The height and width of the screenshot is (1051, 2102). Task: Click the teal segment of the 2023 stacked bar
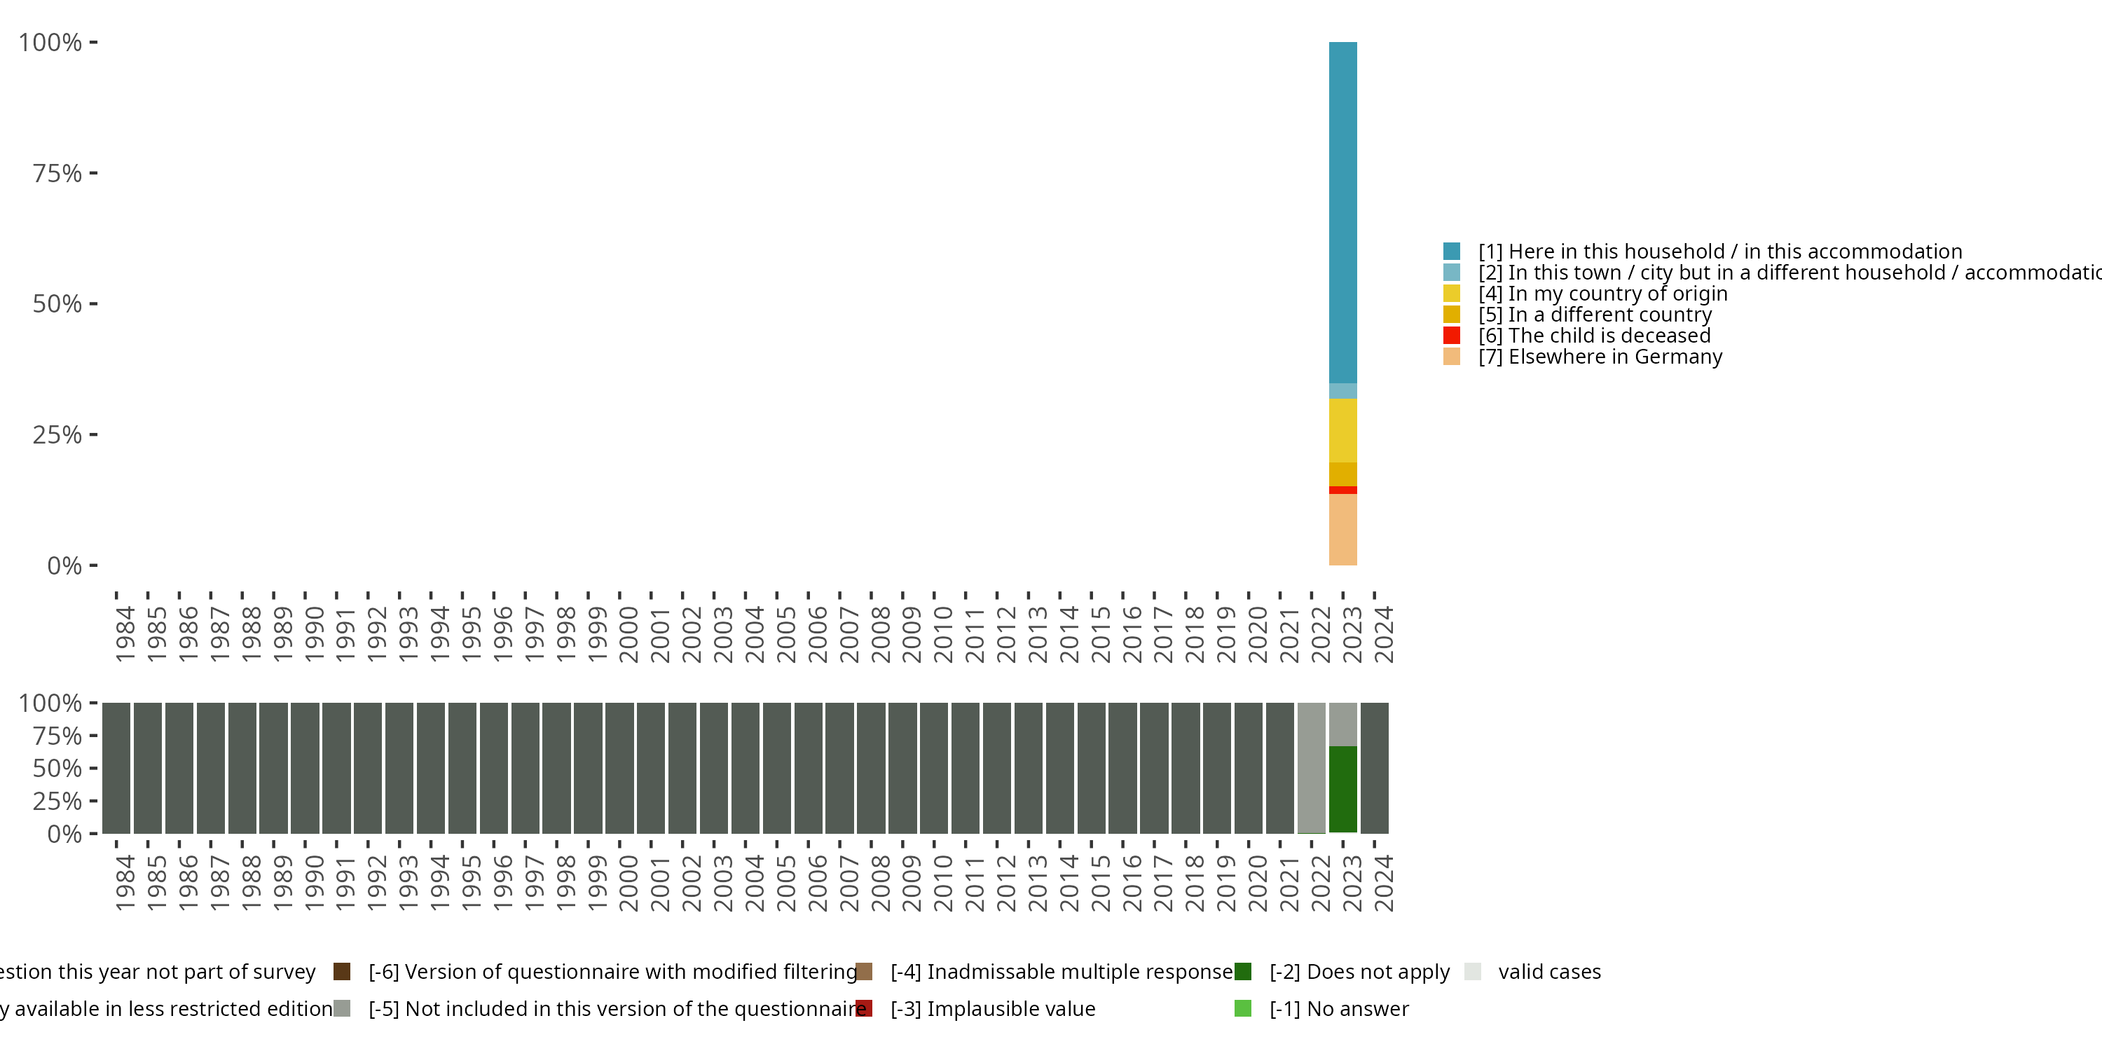coord(1342,212)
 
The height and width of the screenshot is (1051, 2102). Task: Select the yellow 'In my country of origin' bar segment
coord(1342,430)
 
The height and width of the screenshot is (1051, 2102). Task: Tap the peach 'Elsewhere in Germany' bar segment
coord(1342,529)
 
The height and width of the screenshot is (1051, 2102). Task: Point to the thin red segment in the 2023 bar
coord(1342,490)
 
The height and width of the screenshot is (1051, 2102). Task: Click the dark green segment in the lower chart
coord(1342,789)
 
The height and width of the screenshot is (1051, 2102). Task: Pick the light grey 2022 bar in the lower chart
coord(1312,767)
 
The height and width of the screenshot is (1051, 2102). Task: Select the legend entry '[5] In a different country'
coord(1595,314)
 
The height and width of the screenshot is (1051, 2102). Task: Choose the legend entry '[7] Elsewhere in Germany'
coord(1600,357)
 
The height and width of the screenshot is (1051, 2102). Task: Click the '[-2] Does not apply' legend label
coord(1359,971)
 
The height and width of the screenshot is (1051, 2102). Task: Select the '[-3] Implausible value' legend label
coord(992,1008)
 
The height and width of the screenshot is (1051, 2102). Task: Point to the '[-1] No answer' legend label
coord(1338,1008)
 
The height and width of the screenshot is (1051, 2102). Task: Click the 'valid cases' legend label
coord(1548,971)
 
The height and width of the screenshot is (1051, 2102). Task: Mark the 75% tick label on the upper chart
coord(57,173)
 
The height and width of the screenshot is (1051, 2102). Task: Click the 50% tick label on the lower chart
coord(57,768)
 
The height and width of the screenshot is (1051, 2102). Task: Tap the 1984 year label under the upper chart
coord(125,634)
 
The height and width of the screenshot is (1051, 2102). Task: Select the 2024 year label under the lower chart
coord(1383,884)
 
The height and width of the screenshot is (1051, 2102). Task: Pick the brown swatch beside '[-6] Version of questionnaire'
coord(342,971)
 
